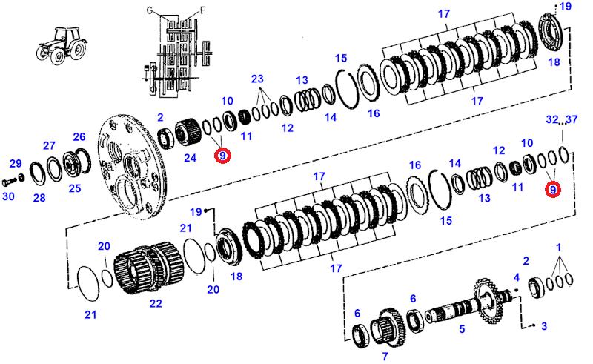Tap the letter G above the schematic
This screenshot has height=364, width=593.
coord(148,11)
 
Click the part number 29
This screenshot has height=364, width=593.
coord(16,163)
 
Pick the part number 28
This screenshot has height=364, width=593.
coord(39,198)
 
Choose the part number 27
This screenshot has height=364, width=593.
coord(49,145)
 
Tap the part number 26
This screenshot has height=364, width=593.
coord(79,136)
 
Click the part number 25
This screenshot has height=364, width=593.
coord(75,188)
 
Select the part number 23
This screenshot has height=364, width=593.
coord(257,78)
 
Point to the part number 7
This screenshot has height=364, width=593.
coord(385,356)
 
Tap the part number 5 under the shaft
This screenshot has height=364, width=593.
coord(461,329)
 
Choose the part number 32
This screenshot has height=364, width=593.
coord(552,119)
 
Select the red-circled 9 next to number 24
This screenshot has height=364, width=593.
coord(222,156)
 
